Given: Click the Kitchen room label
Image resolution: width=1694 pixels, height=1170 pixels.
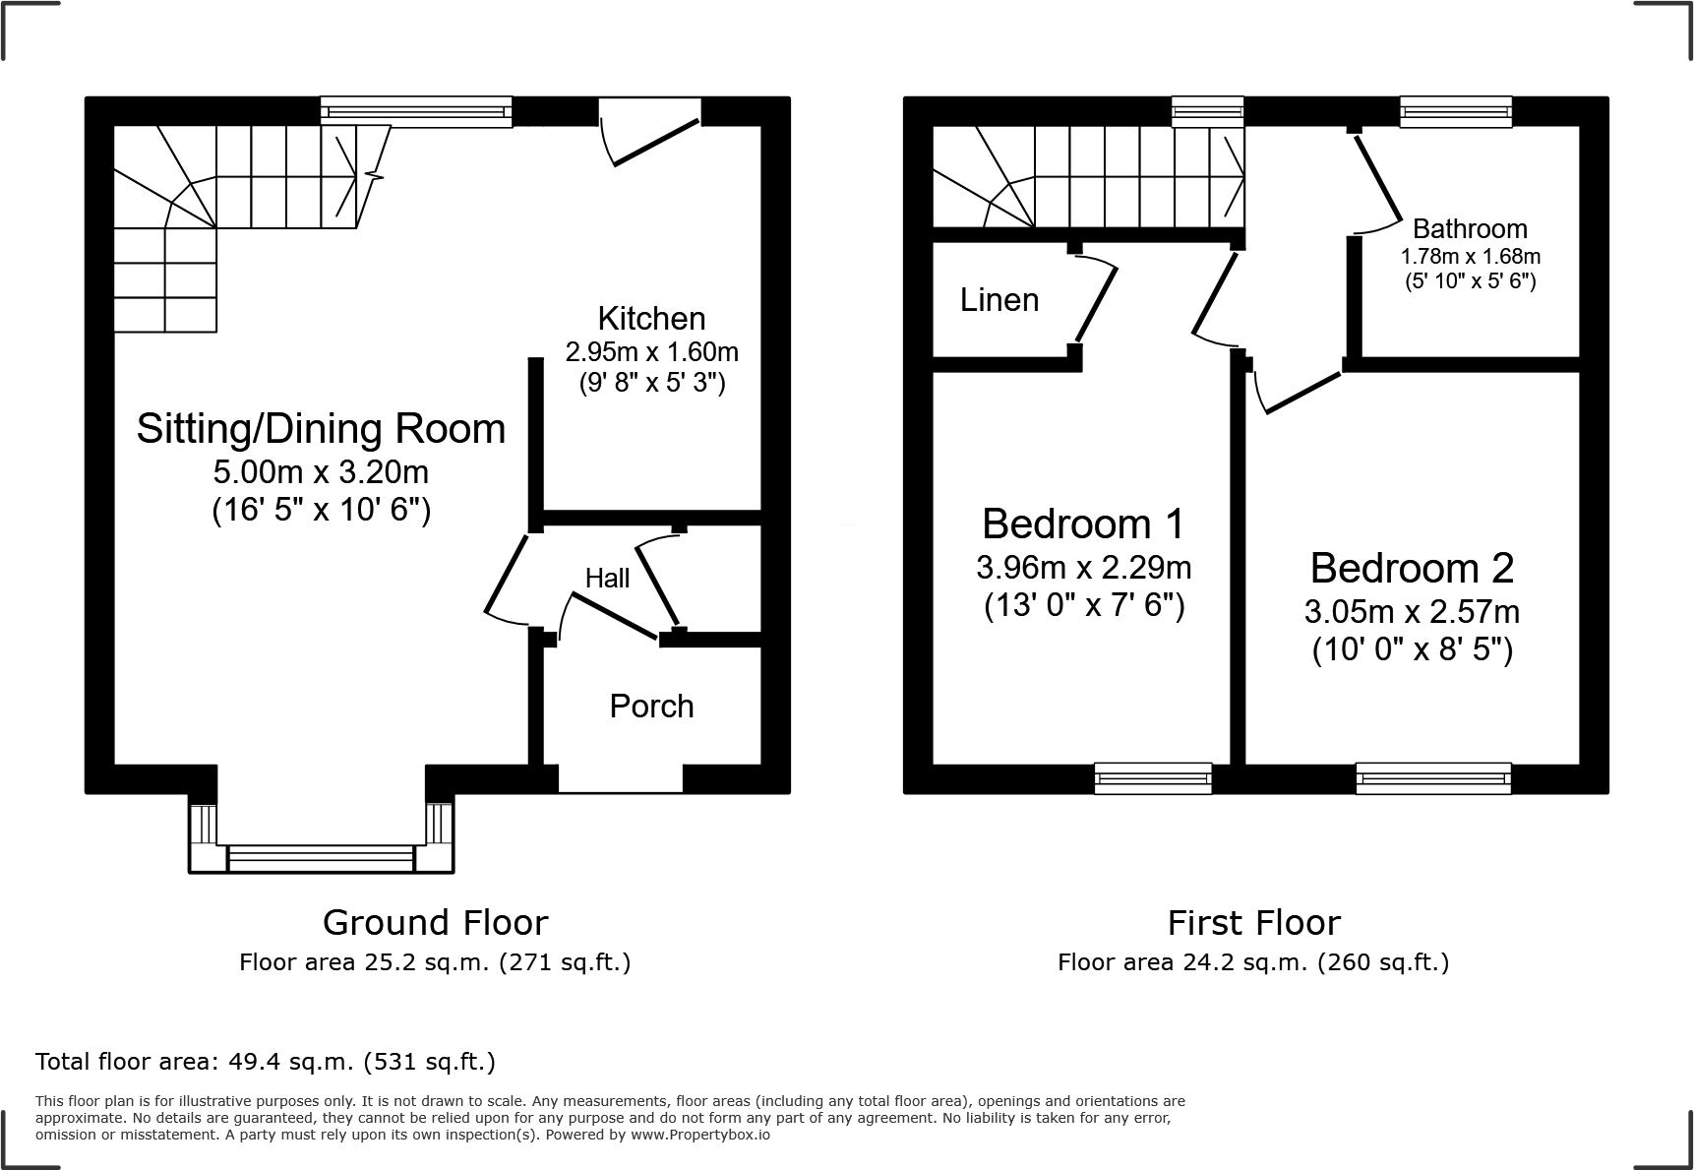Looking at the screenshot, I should (x=651, y=319).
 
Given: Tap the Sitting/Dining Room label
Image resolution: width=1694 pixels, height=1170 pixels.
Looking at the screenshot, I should (x=321, y=429).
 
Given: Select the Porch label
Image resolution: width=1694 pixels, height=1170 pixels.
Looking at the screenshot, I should (x=651, y=706).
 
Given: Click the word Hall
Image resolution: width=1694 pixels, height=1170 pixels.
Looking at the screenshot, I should (x=607, y=578).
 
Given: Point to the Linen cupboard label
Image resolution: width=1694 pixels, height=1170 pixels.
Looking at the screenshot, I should (x=998, y=299).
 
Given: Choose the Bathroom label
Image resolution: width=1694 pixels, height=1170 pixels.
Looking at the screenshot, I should (x=1470, y=228).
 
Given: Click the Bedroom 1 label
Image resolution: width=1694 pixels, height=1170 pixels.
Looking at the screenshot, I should (x=1083, y=523).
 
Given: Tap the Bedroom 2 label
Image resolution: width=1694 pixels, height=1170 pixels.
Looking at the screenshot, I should (x=1411, y=568).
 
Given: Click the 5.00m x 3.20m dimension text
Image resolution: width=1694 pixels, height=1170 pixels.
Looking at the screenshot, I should (x=321, y=472).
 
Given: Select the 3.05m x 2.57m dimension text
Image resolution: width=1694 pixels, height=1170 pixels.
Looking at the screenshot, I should (x=1411, y=612).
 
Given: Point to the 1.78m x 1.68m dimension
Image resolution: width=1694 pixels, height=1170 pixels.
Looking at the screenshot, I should (x=1470, y=256).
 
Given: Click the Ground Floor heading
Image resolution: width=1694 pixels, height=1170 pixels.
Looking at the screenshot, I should (x=435, y=922).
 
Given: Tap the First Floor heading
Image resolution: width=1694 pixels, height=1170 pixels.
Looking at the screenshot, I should (x=1253, y=922).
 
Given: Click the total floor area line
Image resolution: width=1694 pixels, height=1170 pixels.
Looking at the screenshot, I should (x=266, y=1062).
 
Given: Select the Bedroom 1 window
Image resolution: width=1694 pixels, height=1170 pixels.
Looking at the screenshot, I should (x=1153, y=777).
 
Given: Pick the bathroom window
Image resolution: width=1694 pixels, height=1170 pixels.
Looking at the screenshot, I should (x=1455, y=111).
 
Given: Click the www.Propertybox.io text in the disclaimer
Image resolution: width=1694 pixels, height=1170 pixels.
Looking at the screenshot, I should (x=700, y=1135).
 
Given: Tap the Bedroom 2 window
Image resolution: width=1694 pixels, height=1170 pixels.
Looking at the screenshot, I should (x=1432, y=777).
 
